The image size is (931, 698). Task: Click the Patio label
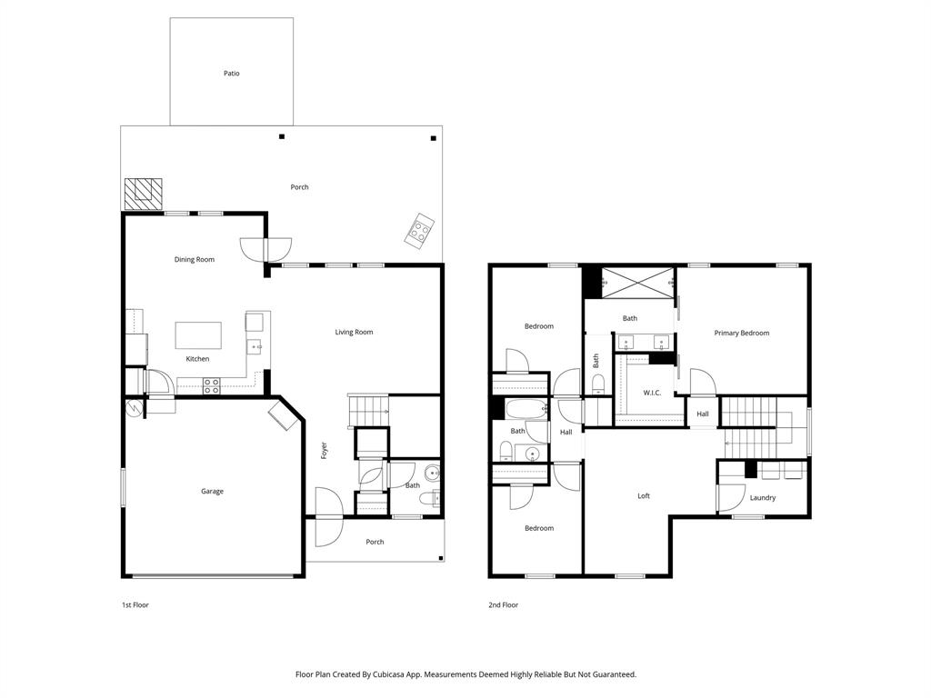coord(232,73)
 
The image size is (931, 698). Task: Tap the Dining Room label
coord(195,260)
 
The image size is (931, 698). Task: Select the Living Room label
coord(354,332)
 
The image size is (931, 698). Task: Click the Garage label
coord(212,492)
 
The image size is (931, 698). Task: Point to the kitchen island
coord(198,334)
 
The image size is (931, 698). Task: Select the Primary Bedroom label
coord(741,333)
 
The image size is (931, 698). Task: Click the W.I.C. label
coord(651,393)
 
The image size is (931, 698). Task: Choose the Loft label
coord(644,496)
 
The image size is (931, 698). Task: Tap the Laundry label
coord(762,497)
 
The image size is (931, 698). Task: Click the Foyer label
coord(324,449)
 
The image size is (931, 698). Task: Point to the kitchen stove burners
coord(211,386)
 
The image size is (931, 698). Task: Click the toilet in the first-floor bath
coord(437,497)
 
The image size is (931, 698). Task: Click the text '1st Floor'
coord(135,604)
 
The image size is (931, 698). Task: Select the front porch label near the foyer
coord(375,542)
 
